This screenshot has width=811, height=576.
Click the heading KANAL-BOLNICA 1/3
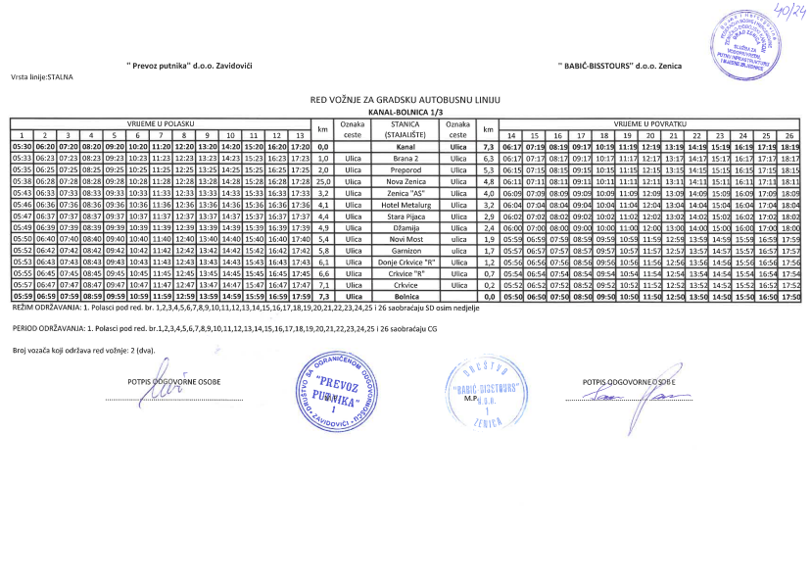click(x=405, y=113)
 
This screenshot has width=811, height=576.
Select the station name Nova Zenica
click(x=405, y=182)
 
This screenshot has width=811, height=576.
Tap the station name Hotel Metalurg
click(x=405, y=205)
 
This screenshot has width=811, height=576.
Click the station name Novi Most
click(x=405, y=238)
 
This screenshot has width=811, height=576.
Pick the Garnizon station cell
click(x=405, y=250)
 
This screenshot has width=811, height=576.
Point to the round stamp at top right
click(x=747, y=45)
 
